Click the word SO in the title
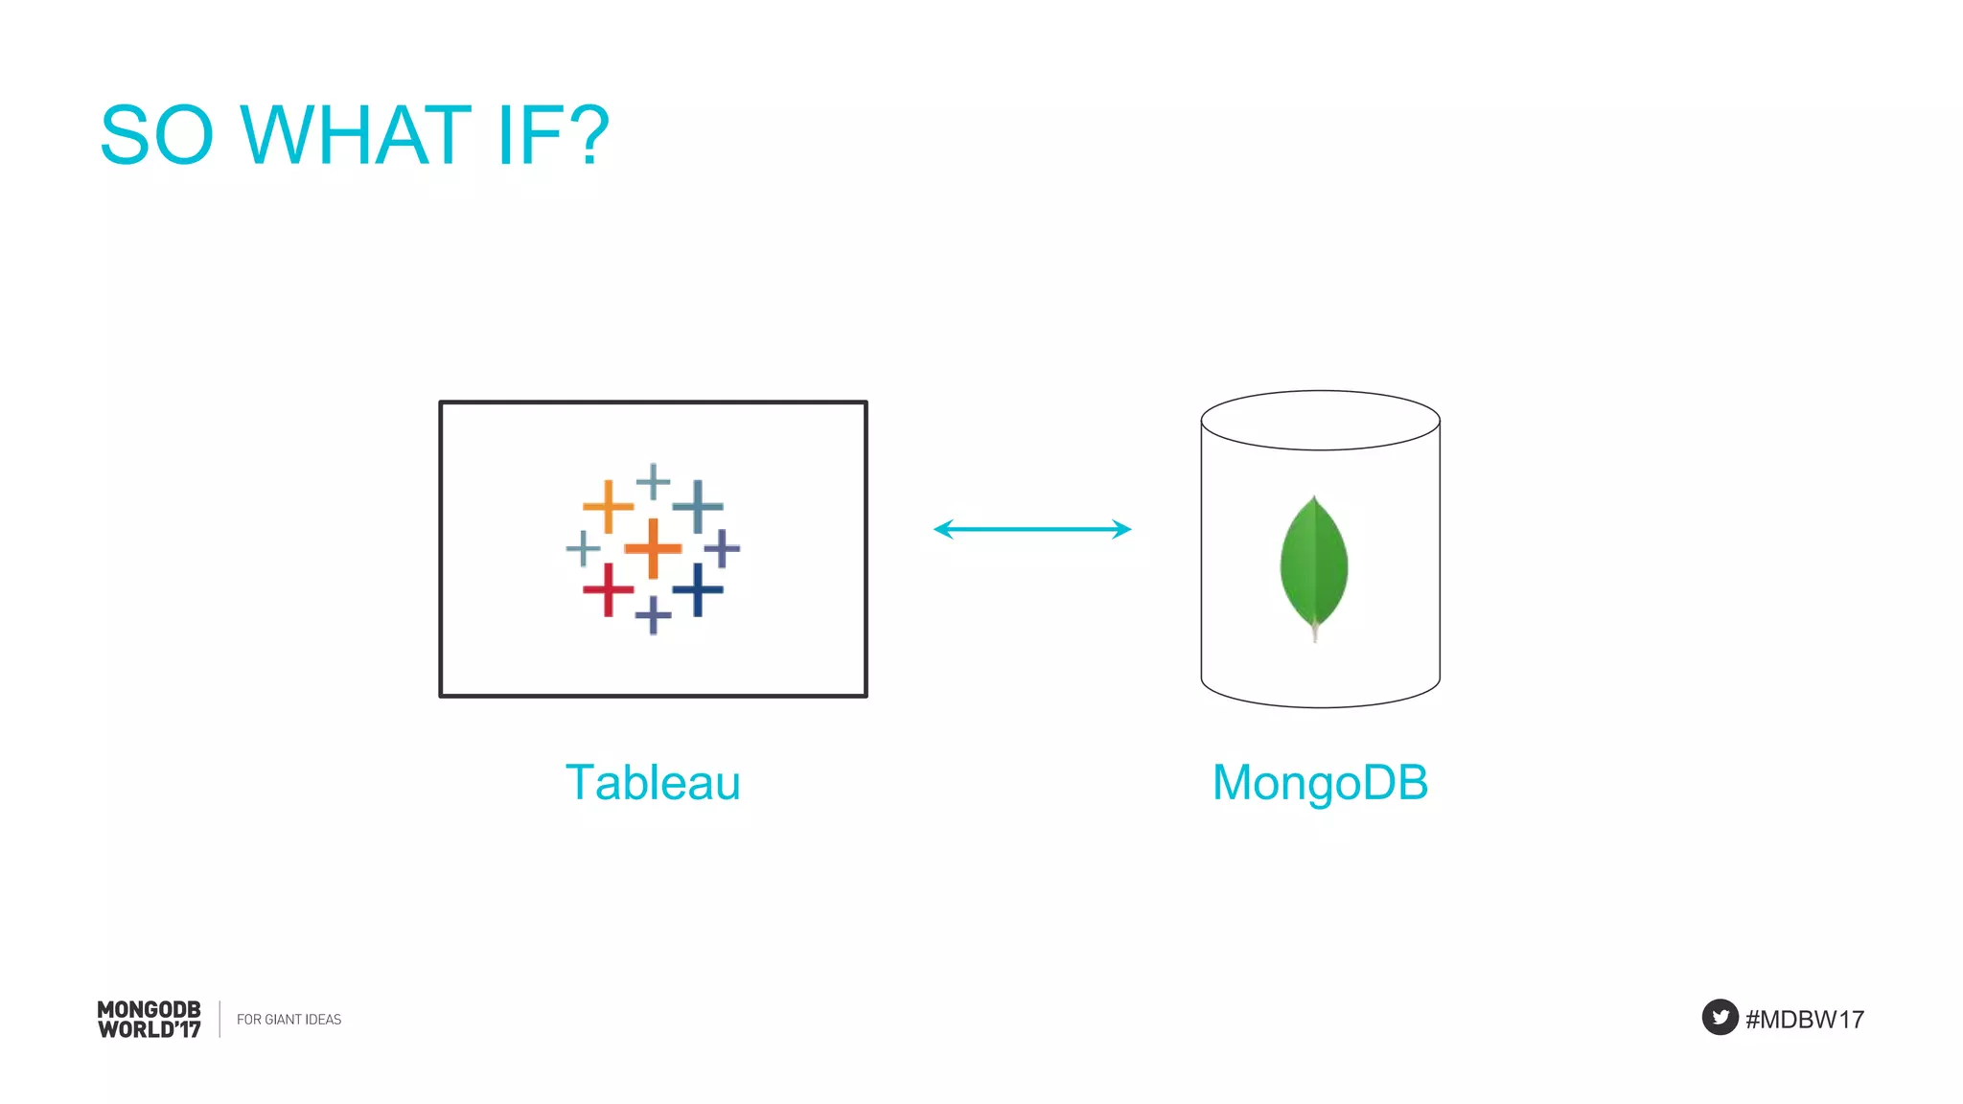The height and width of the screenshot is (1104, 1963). [x=156, y=136]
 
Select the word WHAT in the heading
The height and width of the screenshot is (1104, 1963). [x=356, y=136]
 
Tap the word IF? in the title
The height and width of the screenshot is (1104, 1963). [x=553, y=136]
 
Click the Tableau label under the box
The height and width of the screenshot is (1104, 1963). [x=653, y=782]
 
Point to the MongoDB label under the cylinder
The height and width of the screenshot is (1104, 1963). [x=1320, y=782]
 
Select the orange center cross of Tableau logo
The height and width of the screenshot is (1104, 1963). [x=653, y=548]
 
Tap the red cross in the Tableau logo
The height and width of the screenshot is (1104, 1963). [x=608, y=588]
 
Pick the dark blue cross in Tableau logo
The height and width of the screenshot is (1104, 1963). [x=698, y=588]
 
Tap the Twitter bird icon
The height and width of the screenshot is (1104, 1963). [x=1720, y=1018]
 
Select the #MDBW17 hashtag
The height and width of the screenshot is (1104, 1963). [x=1805, y=1019]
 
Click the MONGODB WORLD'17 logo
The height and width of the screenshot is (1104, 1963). [x=150, y=1020]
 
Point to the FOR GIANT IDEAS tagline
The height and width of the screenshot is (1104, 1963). [x=289, y=1020]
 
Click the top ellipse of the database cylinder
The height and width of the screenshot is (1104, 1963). [x=1320, y=420]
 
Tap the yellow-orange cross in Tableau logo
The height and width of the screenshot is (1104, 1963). [x=608, y=505]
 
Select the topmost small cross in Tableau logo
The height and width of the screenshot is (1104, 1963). [x=653, y=481]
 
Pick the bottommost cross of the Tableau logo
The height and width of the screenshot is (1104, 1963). [x=653, y=614]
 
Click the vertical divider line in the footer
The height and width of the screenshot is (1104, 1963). [x=219, y=1019]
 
